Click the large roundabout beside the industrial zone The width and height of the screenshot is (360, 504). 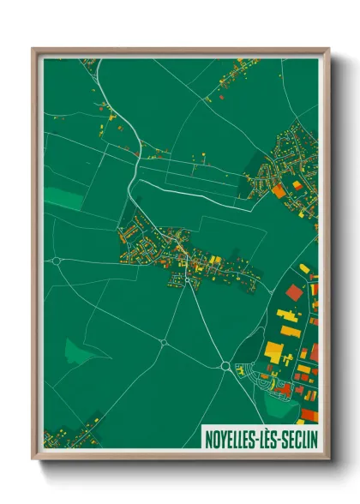[x=225, y=366]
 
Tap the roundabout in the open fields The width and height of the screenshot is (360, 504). [x=163, y=343]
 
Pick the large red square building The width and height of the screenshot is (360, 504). [x=294, y=292]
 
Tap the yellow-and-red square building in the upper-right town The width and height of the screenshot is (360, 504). [x=297, y=185]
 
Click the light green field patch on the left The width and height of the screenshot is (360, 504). [x=60, y=197]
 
